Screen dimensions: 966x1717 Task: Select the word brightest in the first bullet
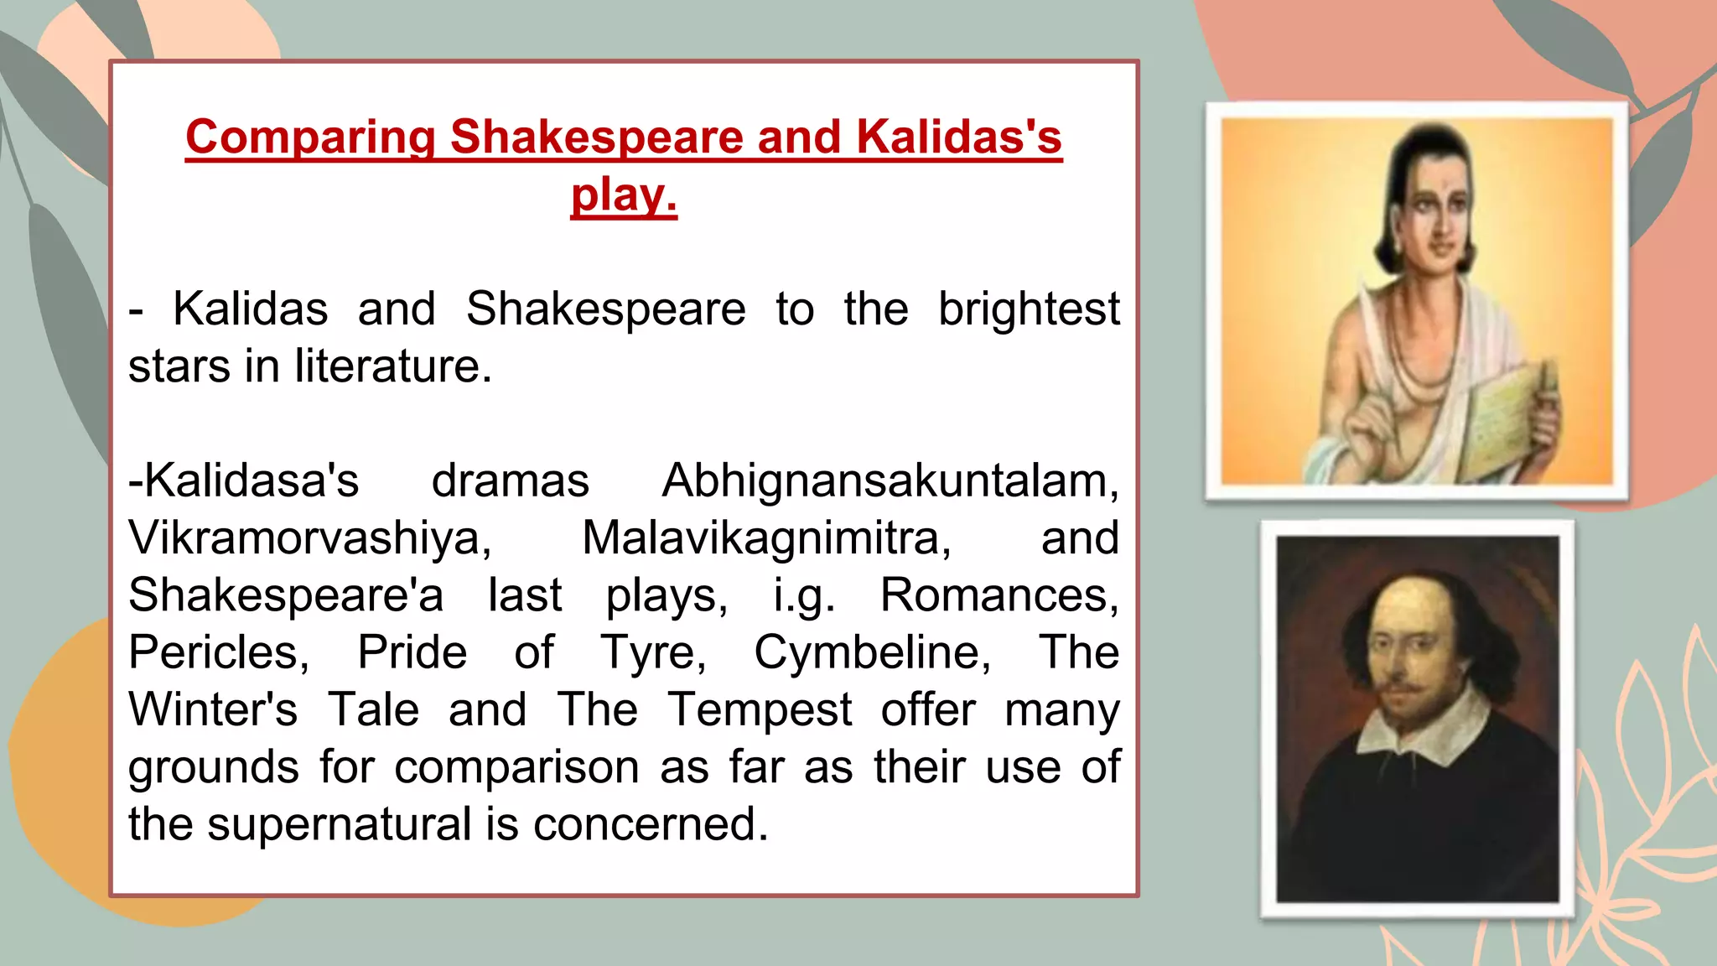click(1029, 309)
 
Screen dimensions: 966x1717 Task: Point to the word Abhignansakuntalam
click(890, 480)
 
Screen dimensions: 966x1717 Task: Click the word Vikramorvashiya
click(309, 538)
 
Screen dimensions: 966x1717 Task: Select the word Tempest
click(760, 709)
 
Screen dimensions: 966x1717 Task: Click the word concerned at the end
click(650, 823)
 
